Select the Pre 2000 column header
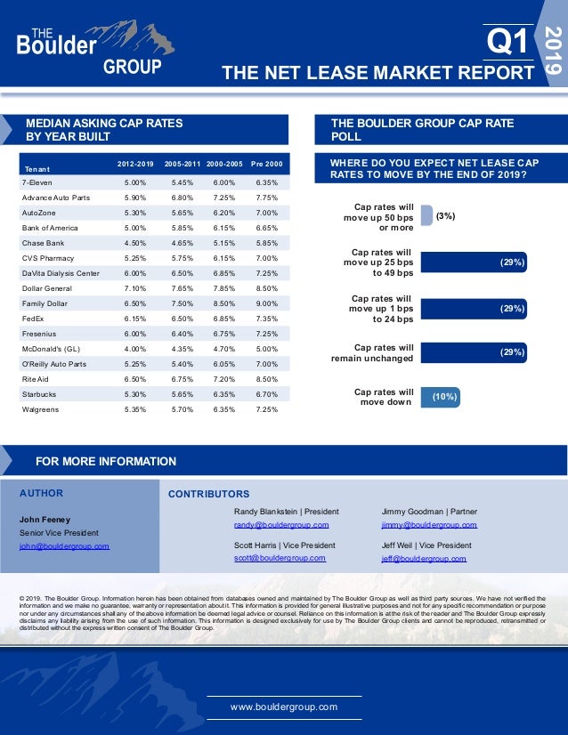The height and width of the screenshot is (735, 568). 266,165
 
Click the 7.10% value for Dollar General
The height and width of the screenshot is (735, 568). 135,288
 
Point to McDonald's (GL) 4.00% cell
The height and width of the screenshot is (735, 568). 135,349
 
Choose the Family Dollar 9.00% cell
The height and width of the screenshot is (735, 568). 266,303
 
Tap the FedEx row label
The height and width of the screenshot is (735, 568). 33,319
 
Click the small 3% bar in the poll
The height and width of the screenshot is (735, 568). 426,215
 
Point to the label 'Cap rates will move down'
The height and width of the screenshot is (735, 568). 384,396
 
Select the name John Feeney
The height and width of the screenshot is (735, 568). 45,519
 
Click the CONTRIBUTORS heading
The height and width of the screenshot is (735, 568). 208,494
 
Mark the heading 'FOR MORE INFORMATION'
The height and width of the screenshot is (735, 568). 106,461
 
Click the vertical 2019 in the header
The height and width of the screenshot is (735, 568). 553,52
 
